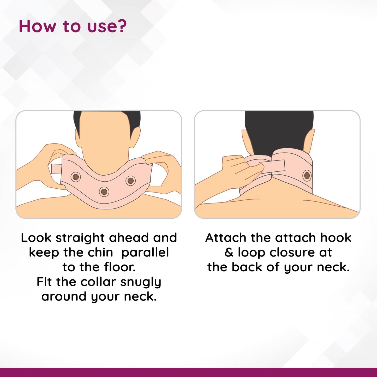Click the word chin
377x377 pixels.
click(x=100, y=253)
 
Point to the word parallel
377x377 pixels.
click(x=145, y=253)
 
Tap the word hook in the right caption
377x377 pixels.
click(x=336, y=238)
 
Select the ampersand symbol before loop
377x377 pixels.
click(x=229, y=253)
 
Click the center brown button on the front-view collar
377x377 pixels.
click(x=104, y=192)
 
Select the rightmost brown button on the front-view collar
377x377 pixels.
click(x=130, y=180)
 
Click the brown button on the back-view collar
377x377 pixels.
click(x=307, y=176)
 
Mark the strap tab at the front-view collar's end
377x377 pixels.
click(x=56, y=169)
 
